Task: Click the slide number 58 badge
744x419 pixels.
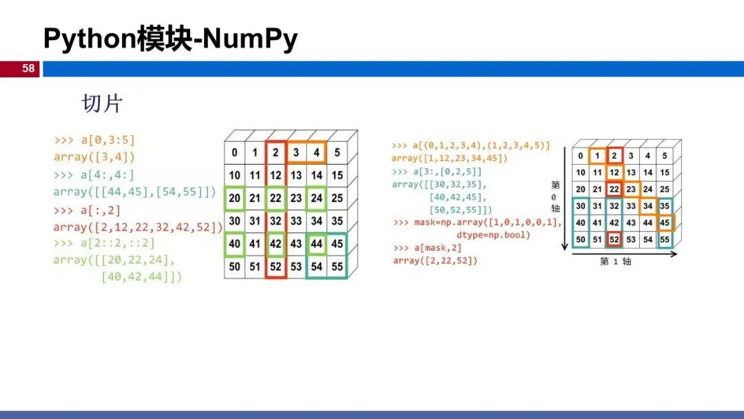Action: coord(28,68)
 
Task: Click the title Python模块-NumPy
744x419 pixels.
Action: coord(170,39)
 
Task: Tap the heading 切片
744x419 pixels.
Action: coord(102,103)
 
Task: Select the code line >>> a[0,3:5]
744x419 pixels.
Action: coord(95,140)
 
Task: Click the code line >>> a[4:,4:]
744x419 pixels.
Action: coord(94,174)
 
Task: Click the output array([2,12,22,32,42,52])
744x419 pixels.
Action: coord(138,226)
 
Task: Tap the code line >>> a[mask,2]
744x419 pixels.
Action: coord(427,248)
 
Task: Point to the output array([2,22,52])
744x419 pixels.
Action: coord(435,260)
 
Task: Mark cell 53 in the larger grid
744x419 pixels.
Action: coord(297,266)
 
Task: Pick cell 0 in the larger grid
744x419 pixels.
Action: coord(236,153)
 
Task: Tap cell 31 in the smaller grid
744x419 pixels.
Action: coord(597,206)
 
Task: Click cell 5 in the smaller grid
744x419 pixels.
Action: coord(665,156)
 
